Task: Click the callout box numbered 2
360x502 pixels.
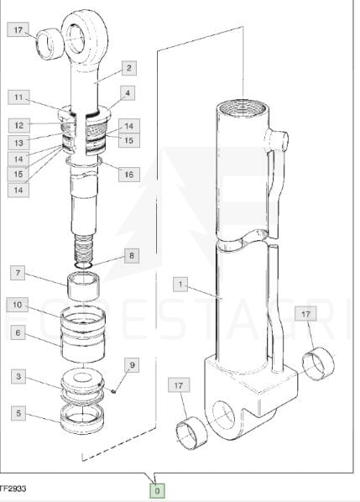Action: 129,68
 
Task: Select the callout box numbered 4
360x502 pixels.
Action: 128,93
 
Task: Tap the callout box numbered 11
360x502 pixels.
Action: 18,97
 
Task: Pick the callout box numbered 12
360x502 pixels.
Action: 18,126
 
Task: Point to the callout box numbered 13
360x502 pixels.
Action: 18,143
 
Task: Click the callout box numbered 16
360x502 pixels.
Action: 129,175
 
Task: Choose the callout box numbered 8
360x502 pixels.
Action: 132,256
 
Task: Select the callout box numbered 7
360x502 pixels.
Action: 18,273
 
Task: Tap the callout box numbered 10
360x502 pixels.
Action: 18,305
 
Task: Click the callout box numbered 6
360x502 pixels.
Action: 18,332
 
